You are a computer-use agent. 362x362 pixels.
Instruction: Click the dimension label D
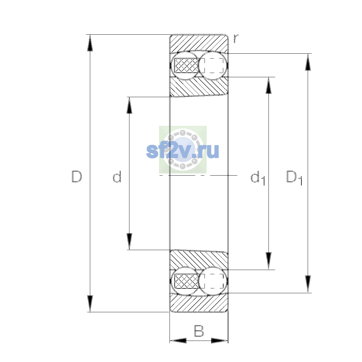click(77, 176)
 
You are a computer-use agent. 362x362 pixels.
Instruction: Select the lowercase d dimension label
click(117, 176)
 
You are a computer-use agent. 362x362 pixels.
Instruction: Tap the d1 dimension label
click(258, 178)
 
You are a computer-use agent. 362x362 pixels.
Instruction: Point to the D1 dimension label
click(294, 178)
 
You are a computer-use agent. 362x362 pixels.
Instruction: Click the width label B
click(199, 331)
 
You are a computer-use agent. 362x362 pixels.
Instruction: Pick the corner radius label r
click(236, 39)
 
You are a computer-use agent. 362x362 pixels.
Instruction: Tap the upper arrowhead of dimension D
click(90, 43)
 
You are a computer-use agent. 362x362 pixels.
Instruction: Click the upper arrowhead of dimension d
click(129, 105)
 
